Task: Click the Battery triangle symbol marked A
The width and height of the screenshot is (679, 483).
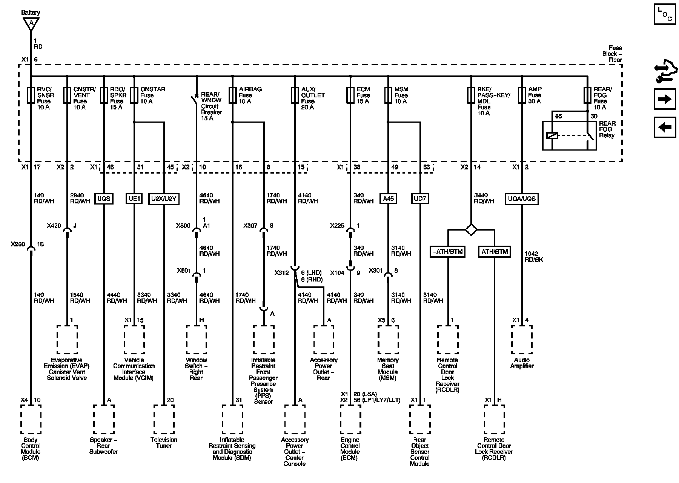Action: [x=31, y=25]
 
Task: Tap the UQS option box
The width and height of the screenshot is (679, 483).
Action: [x=103, y=198]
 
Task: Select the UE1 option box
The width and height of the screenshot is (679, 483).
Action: [x=134, y=198]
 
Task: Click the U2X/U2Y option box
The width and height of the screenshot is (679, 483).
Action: [x=164, y=198]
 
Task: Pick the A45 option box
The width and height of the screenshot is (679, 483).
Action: [x=388, y=198]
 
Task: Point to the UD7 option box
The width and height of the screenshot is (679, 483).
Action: [x=420, y=198]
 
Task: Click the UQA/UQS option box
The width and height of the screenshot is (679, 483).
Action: [x=522, y=198]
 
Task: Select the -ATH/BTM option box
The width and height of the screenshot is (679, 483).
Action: [x=448, y=252]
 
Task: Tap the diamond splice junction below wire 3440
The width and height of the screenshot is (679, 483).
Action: [x=471, y=229]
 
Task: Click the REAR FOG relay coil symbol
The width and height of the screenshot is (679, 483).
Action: [x=552, y=135]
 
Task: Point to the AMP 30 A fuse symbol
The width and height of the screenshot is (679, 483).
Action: [x=522, y=95]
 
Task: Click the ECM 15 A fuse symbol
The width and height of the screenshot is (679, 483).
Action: [x=350, y=95]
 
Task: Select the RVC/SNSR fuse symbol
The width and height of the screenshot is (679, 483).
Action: [x=31, y=95]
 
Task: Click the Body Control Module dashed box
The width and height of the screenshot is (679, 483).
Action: [x=31, y=419]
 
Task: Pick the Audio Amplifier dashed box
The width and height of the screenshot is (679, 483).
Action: [x=522, y=340]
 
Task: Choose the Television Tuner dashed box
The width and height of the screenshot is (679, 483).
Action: [x=164, y=419]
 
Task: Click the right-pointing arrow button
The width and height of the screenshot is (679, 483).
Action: [x=664, y=99]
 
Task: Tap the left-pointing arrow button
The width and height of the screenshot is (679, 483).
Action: [x=664, y=127]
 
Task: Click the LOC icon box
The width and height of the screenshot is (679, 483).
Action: [x=664, y=14]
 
